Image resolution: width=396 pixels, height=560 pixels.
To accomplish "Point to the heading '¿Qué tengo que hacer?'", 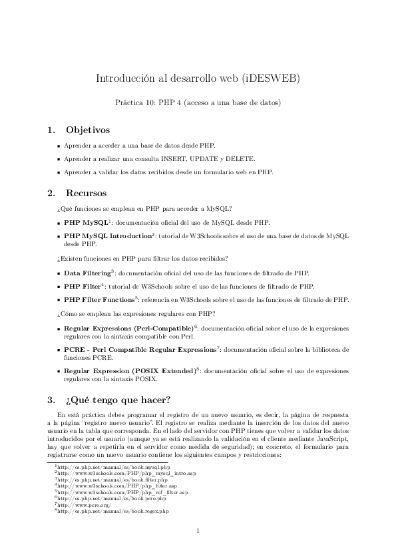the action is point(118,400).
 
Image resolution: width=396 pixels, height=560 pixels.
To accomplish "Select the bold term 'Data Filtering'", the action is point(87,273).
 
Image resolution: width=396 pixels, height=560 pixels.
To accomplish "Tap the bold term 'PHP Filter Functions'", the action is point(99,299).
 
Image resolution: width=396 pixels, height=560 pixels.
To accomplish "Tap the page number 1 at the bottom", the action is point(198,530).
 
